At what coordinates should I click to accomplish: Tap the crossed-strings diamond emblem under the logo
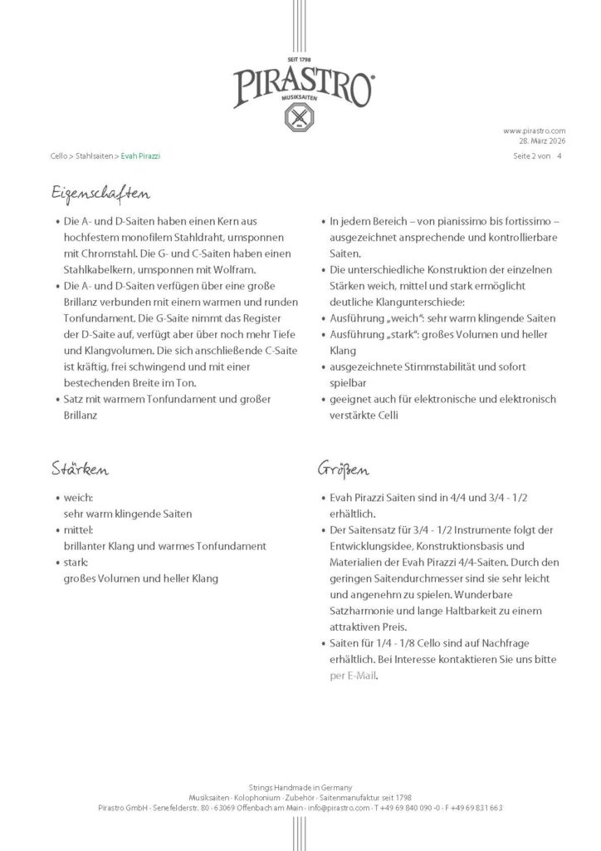[x=300, y=118]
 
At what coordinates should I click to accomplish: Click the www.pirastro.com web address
[x=535, y=130]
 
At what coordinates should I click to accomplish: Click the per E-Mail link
[x=353, y=675]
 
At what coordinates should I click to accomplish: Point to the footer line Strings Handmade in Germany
[x=300, y=786]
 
